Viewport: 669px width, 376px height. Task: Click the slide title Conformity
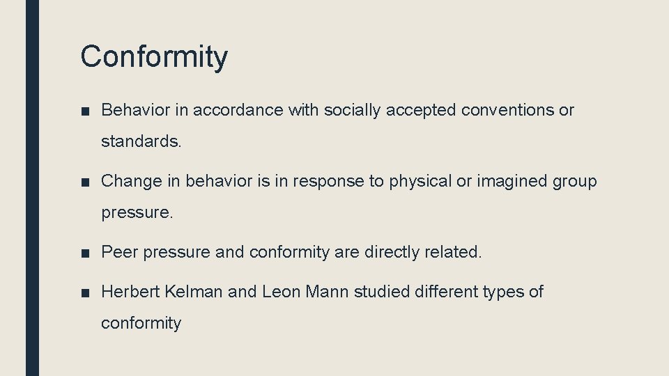tap(153, 56)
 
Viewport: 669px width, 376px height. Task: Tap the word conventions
tap(499, 110)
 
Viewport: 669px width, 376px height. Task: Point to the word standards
tap(141, 142)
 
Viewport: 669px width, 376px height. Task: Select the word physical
tap(420, 182)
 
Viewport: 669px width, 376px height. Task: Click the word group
tap(575, 182)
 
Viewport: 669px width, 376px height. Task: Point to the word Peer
tap(117, 252)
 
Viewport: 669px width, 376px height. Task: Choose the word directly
tap(392, 252)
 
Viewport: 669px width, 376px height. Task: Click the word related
tap(453, 252)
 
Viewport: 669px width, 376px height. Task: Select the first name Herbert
tap(130, 292)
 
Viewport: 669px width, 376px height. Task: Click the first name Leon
tap(281, 292)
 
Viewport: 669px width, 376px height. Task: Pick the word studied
tap(380, 292)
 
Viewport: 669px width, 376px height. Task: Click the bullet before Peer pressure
tap(85, 253)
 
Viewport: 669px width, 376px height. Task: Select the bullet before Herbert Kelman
tap(85, 292)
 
